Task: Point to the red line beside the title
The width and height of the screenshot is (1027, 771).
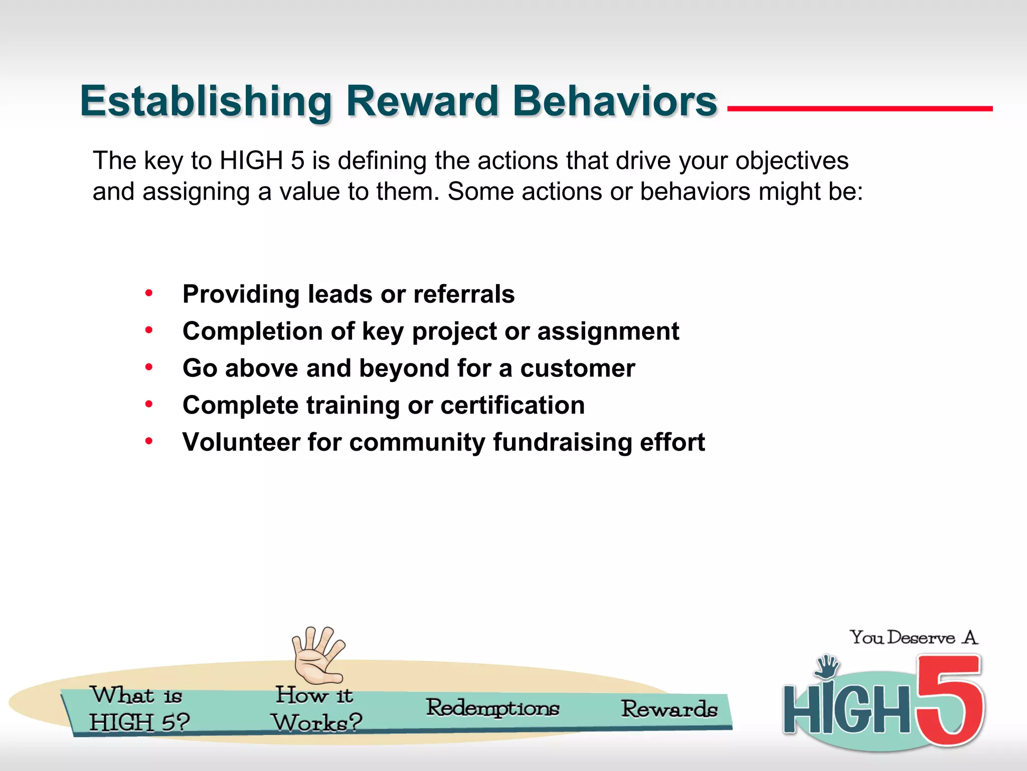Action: [860, 108]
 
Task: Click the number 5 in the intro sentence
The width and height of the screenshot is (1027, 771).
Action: [297, 161]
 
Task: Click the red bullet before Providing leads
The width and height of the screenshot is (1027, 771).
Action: [149, 293]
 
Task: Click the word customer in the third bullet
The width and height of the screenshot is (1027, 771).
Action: [577, 368]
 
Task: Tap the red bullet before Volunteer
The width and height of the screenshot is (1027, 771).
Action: [149, 442]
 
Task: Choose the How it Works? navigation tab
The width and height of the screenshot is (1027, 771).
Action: [316, 709]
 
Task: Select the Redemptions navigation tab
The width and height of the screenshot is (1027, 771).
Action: [492, 708]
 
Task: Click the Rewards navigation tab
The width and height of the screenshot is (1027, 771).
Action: [669, 709]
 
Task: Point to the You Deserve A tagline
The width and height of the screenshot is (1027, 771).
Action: [913, 637]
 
